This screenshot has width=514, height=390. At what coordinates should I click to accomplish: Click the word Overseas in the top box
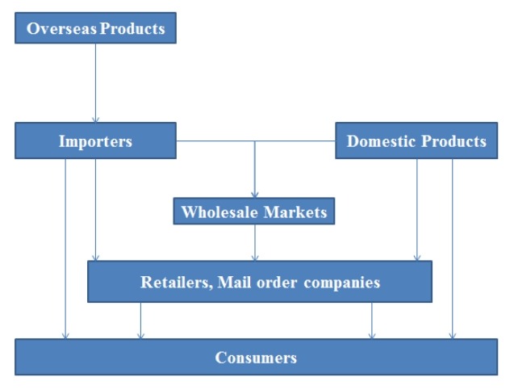click(x=56, y=29)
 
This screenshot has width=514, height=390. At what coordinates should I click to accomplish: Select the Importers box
click(x=95, y=141)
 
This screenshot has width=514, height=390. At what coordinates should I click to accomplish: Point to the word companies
click(x=340, y=283)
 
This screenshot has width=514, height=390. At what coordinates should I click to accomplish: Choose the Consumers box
click(x=256, y=357)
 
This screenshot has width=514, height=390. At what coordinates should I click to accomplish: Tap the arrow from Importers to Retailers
click(x=95, y=210)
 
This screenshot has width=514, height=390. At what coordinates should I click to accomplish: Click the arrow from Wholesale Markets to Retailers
click(x=255, y=243)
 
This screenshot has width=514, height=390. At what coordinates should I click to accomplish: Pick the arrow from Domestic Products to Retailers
click(x=417, y=210)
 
